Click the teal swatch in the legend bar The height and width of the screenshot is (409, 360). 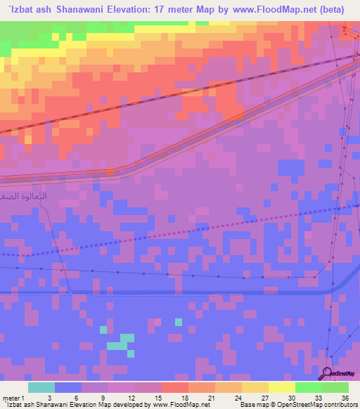[41, 387]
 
